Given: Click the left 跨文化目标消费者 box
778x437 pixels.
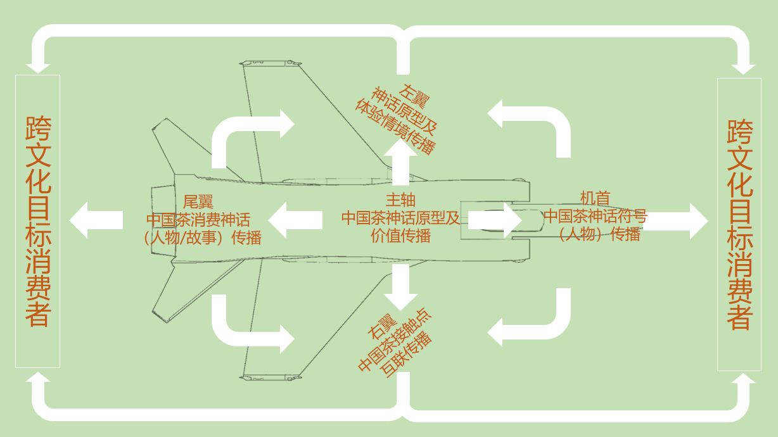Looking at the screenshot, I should coord(37,221).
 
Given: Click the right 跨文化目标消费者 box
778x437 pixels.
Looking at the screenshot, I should coord(739,224).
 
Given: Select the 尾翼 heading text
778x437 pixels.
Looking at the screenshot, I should coord(198,202).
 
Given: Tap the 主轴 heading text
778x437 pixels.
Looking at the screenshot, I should coord(400,200).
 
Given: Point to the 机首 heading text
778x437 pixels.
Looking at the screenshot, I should coord(595,198).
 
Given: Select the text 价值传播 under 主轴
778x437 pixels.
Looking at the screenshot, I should coord(400,236).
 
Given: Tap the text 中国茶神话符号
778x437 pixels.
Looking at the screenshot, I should coord(595,216).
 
